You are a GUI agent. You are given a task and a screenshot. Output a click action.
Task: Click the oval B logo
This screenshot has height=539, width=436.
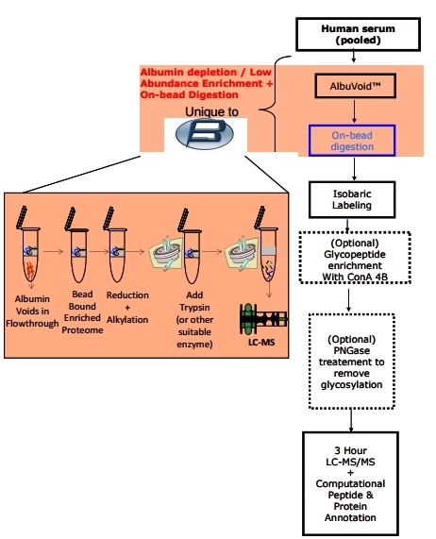tap(205, 134)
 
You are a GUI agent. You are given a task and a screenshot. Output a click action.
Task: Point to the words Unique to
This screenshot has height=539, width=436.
tap(211, 111)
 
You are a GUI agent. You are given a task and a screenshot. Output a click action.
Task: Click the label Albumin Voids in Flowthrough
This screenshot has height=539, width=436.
tap(32, 312)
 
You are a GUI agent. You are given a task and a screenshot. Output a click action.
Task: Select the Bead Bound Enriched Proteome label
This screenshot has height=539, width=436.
tap(82, 312)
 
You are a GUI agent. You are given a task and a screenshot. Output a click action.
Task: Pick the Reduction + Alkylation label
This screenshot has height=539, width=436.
tap(127, 308)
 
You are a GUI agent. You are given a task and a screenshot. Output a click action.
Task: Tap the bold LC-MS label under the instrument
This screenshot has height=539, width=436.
tap(261, 343)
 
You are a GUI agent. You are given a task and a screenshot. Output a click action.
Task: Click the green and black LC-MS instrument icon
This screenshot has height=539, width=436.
tap(263, 319)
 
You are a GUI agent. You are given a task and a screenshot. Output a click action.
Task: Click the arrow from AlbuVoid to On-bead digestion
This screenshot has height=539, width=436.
tap(354, 111)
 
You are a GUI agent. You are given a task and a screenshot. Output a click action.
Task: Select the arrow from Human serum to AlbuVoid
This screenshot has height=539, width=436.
tap(354, 57)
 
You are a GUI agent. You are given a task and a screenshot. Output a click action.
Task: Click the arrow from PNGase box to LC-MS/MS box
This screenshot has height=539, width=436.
tap(351, 420)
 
